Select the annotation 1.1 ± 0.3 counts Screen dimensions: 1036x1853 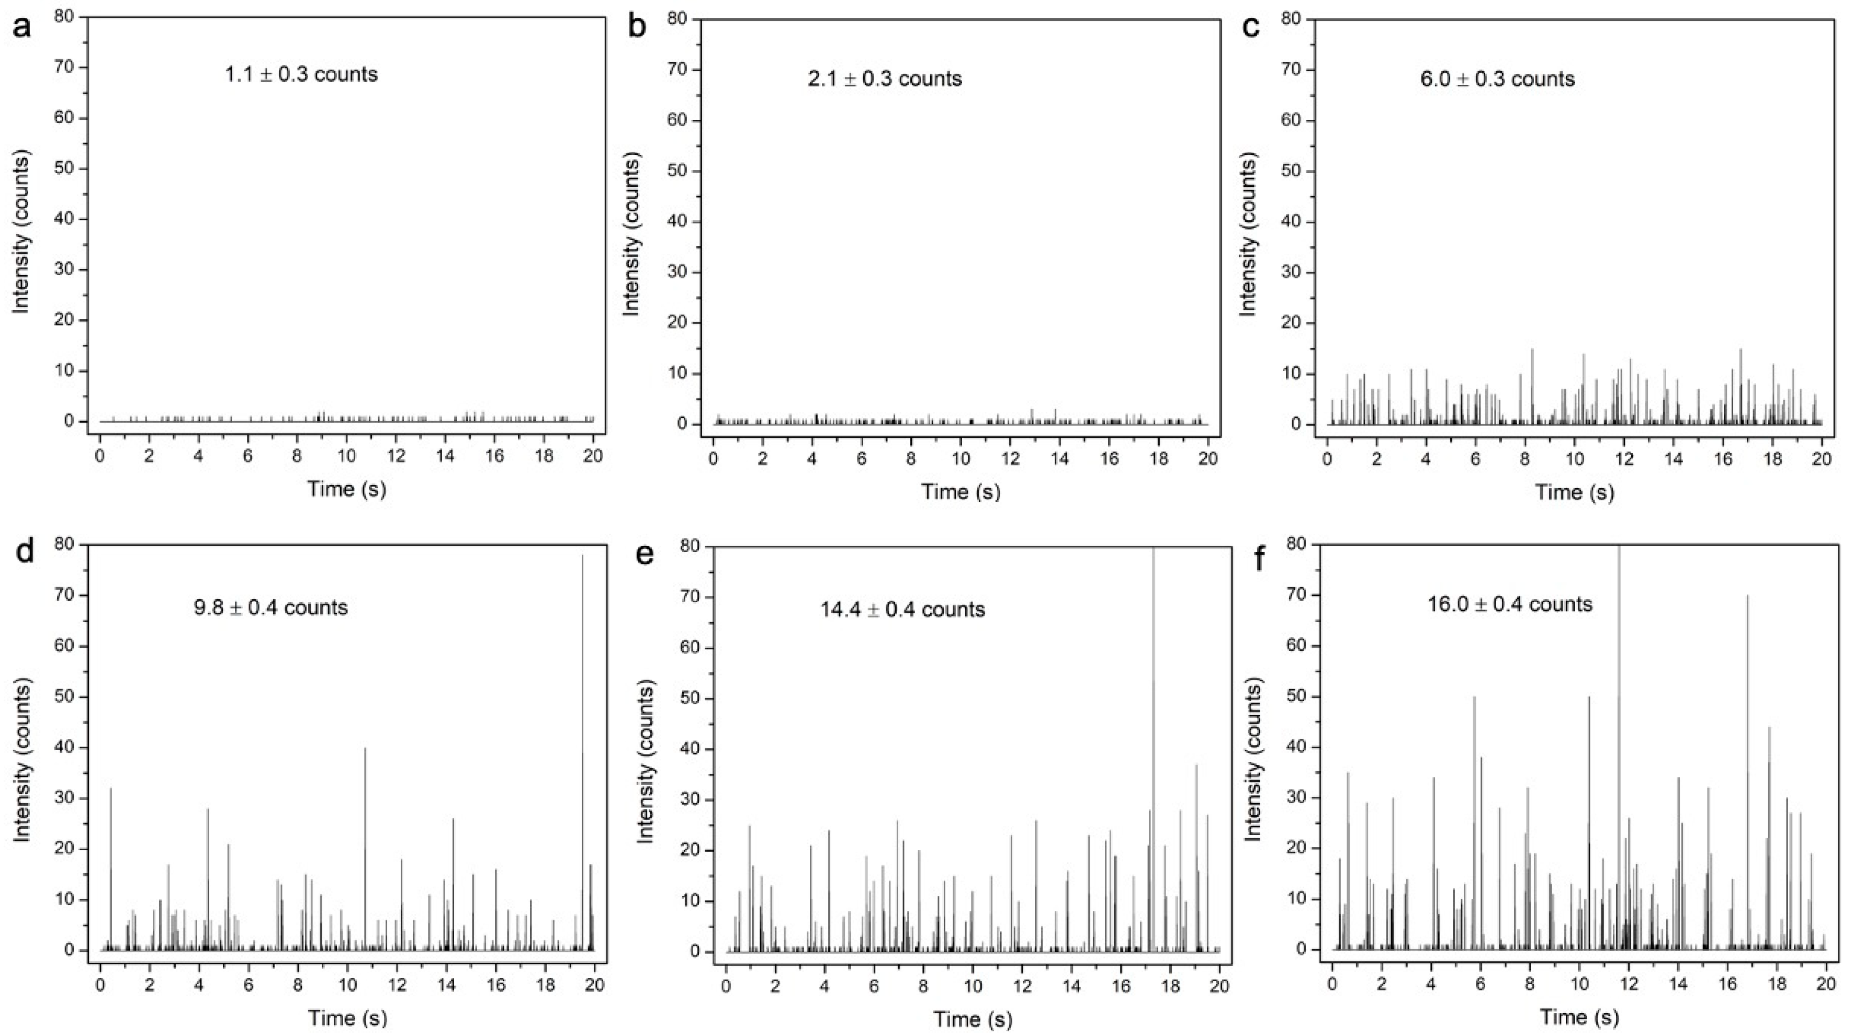coord(301,74)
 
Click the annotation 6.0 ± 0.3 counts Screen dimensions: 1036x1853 coord(1497,78)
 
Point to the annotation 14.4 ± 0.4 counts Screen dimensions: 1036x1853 coord(902,610)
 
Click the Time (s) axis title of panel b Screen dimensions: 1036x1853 coord(961,492)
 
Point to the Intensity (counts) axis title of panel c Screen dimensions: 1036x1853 coord(1249,238)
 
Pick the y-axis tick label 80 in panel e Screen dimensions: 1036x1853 coord(691,547)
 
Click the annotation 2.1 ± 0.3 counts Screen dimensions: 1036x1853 coord(885,78)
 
